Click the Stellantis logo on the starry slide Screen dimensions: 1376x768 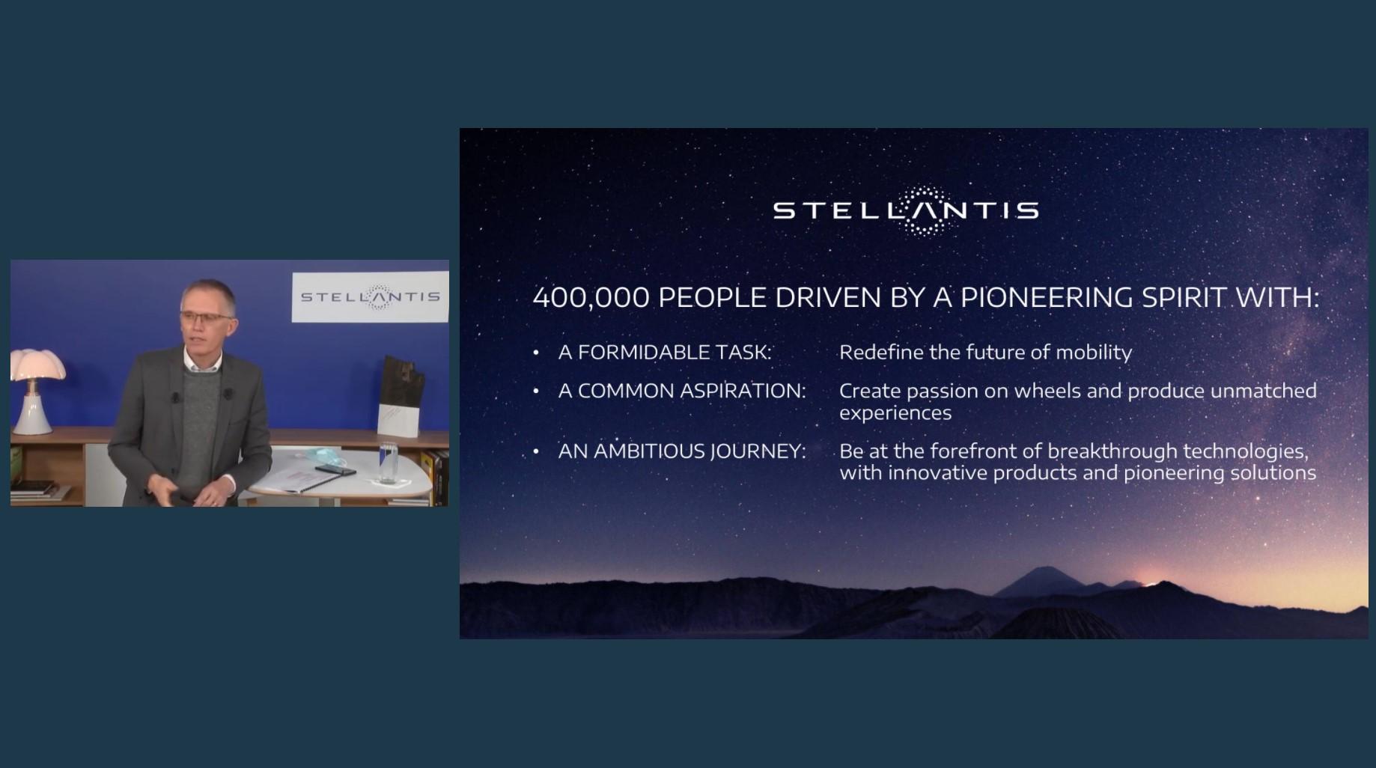click(x=906, y=211)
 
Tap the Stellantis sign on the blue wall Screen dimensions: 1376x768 click(x=370, y=297)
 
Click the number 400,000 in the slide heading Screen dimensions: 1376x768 click(x=591, y=298)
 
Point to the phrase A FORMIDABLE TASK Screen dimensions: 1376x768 click(x=665, y=353)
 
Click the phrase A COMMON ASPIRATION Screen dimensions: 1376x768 click(x=682, y=391)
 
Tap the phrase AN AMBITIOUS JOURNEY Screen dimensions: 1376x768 click(x=682, y=451)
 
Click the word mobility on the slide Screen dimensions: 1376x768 click(x=1094, y=353)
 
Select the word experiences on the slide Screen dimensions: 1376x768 click(x=895, y=414)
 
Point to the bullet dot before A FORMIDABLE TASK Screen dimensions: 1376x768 click(x=536, y=353)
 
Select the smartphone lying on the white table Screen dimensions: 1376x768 click(x=335, y=470)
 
